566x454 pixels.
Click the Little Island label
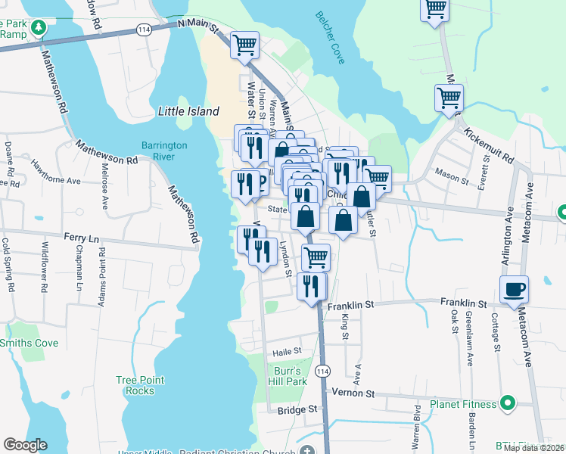point(188,111)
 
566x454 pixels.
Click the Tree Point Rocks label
point(135,385)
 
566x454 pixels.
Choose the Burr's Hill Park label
point(287,377)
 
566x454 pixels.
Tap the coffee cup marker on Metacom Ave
point(514,289)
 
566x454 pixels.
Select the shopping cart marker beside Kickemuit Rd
point(449,97)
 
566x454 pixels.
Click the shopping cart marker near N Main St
point(244,45)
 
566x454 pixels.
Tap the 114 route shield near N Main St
point(144,29)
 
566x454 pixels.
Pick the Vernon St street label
point(359,394)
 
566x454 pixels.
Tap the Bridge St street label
point(297,409)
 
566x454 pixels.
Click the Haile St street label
point(287,351)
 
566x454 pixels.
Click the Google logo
point(25,445)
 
